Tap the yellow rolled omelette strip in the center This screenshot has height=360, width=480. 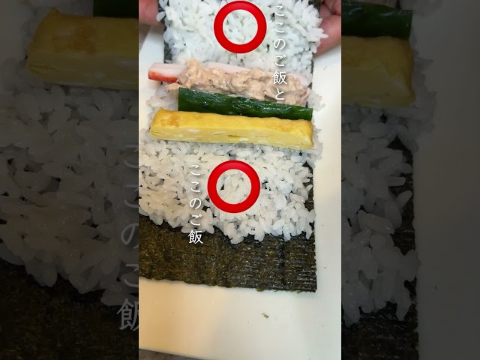(232, 128)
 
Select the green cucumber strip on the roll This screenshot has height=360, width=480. (245, 104)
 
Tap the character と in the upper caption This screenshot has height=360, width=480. (280, 94)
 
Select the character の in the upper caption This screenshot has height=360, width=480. (280, 42)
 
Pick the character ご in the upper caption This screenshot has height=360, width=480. (280, 59)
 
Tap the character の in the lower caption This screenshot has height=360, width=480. (196, 203)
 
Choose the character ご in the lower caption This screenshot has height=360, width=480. (196, 220)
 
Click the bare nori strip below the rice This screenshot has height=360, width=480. (227, 257)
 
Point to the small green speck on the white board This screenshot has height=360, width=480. (265, 315)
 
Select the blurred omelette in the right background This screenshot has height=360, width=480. (378, 71)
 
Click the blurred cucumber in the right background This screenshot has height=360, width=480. (376, 19)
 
